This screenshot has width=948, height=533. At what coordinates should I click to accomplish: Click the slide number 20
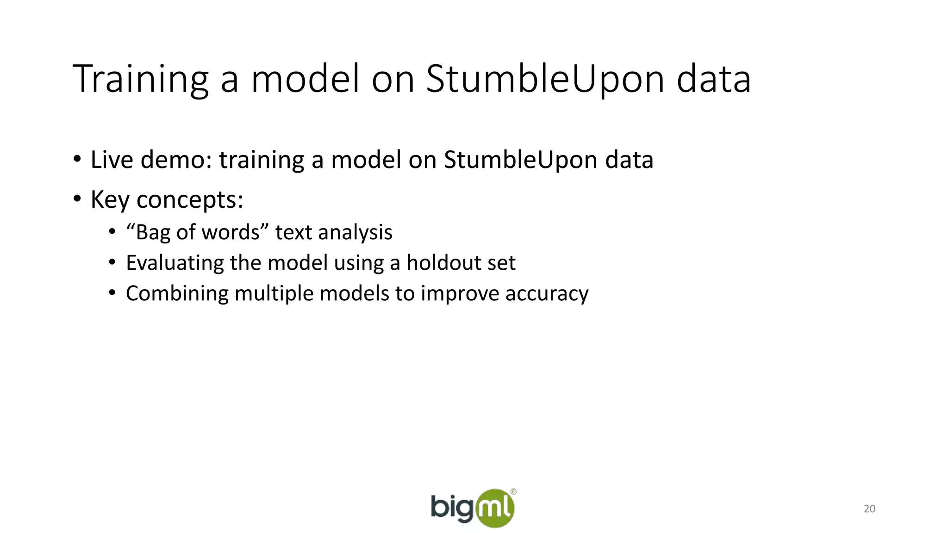869,509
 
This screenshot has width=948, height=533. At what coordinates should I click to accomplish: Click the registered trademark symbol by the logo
513,492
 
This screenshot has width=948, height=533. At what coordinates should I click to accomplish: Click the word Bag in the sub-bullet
153,232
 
